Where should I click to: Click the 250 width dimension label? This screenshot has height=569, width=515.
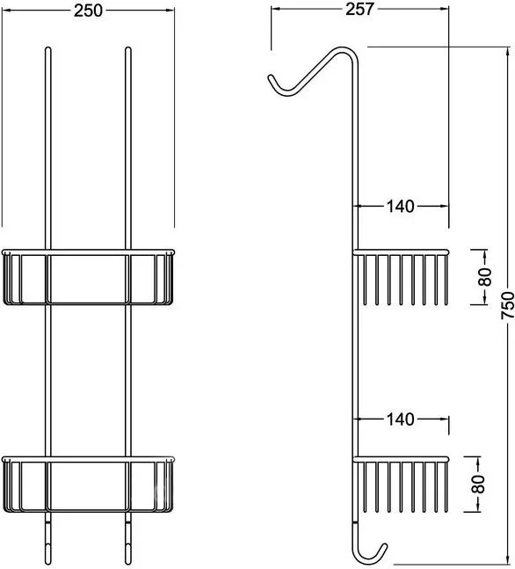[88, 11]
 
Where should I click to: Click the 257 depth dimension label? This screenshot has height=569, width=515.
[359, 9]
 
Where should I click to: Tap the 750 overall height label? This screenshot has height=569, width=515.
[508, 305]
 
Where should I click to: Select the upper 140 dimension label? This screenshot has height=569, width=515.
[401, 207]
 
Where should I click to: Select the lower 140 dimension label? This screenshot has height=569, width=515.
[401, 419]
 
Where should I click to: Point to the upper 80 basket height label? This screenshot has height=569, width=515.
[485, 277]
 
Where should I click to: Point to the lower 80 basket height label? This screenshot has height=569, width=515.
[478, 484]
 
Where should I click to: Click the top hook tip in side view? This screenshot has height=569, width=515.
[270, 77]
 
